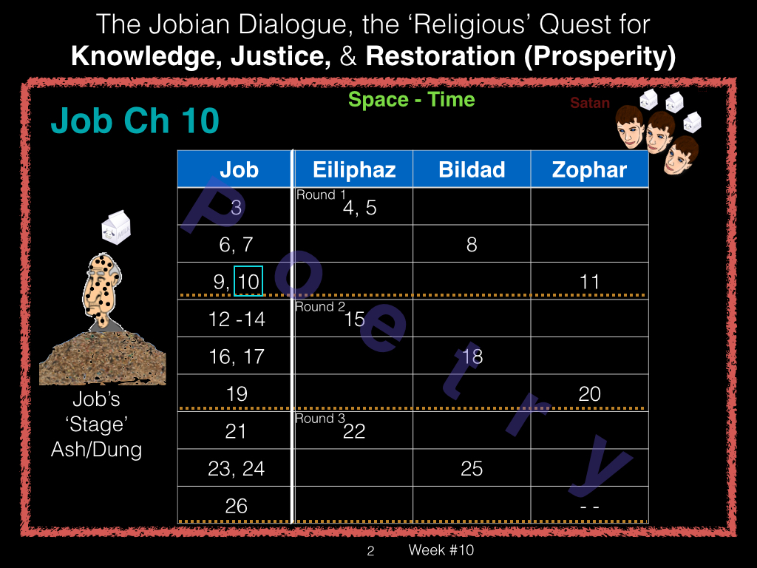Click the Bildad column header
472,169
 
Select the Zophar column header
589,169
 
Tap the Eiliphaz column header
354,169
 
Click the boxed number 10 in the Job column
248,281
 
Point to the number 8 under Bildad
472,244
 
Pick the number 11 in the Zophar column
589,282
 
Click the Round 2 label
320,307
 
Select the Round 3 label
320,419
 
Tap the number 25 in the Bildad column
472,468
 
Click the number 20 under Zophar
589,393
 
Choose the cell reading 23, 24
236,468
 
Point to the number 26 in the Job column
236,506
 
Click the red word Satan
589,103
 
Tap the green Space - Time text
411,100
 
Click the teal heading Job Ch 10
135,121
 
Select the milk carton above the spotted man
116,227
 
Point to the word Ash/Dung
97,450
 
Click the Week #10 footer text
441,550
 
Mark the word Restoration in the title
441,56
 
